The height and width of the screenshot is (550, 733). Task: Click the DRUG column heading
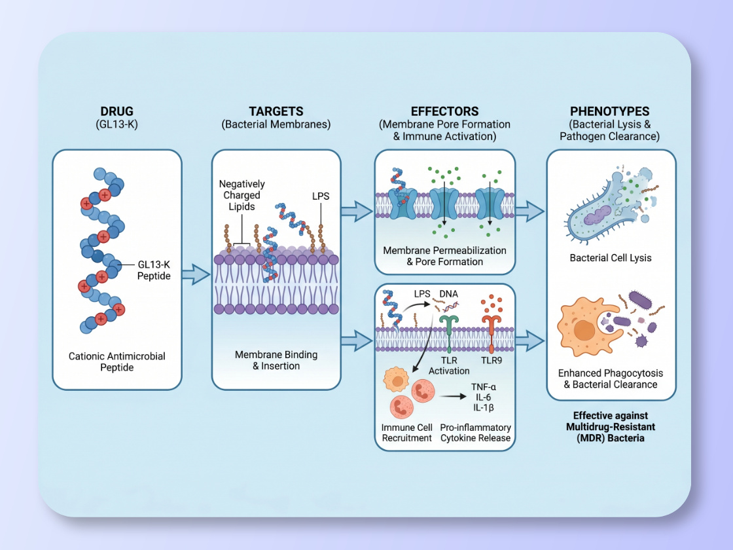pos(117,111)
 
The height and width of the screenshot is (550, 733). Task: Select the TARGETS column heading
pos(276,111)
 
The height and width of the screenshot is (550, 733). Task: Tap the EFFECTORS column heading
pos(444,111)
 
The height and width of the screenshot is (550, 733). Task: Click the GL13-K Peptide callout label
pos(154,270)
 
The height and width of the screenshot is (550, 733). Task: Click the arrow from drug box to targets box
pos(196,275)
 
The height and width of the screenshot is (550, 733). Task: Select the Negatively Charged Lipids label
pos(240,195)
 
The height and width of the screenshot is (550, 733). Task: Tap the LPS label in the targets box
pos(321,196)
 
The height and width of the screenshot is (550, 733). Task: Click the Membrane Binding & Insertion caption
pos(276,360)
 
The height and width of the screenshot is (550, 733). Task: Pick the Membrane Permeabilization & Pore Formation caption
pos(444,256)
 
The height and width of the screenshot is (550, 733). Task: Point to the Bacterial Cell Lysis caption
pos(611,258)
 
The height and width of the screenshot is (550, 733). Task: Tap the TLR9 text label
pos(492,359)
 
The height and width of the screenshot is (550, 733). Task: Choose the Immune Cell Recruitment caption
pos(406,433)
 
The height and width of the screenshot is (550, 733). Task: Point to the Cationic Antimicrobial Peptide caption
pos(117,362)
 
